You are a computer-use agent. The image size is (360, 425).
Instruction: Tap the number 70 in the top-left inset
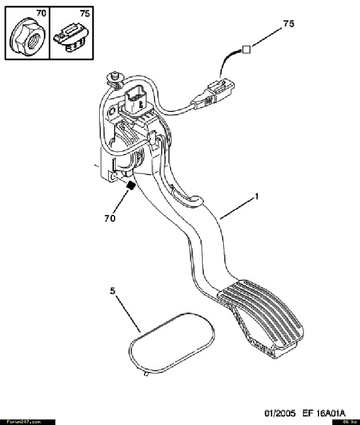pos(41,13)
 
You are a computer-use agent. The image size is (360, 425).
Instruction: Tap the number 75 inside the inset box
pos(85,13)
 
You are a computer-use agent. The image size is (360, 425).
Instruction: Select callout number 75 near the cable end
pos(289,24)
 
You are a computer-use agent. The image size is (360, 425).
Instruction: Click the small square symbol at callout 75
pos(246,50)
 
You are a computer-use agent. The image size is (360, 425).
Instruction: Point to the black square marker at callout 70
pos(131,185)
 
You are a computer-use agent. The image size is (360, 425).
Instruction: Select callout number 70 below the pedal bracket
pos(110,218)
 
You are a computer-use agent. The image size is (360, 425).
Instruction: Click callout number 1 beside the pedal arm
pos(256,196)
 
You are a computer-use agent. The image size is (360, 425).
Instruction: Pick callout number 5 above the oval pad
pos(112,291)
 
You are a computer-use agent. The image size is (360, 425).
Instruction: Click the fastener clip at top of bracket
pos(115,78)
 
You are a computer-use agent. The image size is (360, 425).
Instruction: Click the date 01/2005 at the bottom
pos(280,413)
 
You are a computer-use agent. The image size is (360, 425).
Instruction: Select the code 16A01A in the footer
pos(330,413)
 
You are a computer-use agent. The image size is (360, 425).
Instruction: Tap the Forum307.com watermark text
pos(24,422)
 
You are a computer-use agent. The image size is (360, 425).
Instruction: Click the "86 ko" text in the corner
pos(349,422)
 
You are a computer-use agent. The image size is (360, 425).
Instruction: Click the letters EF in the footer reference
pos(307,413)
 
